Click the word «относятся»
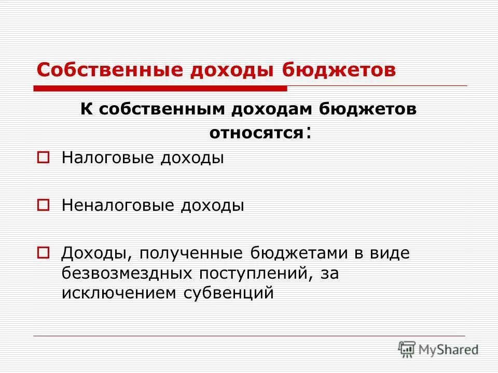pyautogui.click(x=256, y=133)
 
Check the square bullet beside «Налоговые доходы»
pyautogui.click(x=44, y=156)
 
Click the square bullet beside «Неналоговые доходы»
pyautogui.click(x=44, y=205)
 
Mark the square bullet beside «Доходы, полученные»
pyautogui.click(x=44, y=253)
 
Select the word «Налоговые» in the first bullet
pyautogui.click(x=108, y=157)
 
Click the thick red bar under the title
pyautogui.click(x=161, y=89)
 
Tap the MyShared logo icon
pyautogui.click(x=407, y=349)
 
